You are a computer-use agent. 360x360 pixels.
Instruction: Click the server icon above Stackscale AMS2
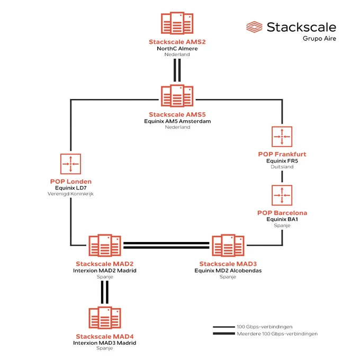click(177, 23)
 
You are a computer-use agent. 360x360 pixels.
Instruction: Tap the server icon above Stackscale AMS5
click(177, 95)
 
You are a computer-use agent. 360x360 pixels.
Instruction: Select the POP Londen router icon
click(71, 164)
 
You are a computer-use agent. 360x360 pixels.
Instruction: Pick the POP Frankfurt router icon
click(282, 137)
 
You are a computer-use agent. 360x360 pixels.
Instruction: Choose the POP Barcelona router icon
click(282, 195)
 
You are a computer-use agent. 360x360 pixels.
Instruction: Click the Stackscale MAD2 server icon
click(105, 245)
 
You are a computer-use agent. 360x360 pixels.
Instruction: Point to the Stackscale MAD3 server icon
click(228, 245)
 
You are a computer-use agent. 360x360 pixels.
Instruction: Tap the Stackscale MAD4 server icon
click(105, 318)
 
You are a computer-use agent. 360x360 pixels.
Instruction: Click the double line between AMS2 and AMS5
click(177, 70)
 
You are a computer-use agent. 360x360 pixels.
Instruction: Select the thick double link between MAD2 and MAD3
click(166, 245)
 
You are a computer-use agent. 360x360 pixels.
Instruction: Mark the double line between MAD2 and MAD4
click(105, 292)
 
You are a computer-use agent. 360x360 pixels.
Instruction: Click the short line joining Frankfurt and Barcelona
click(282, 176)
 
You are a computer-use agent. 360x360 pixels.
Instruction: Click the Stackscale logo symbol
click(254, 27)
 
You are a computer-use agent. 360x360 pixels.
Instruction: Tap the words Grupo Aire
click(319, 38)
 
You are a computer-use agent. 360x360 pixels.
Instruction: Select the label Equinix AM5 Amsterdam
click(177, 121)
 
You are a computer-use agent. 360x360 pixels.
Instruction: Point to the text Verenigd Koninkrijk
click(71, 194)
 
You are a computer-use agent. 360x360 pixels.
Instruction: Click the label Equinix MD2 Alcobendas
click(228, 271)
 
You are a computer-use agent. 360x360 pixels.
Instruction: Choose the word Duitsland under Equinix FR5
click(282, 167)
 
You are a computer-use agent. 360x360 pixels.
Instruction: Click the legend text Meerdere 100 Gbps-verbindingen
click(277, 334)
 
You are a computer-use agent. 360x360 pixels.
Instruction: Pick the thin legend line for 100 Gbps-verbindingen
click(224, 327)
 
